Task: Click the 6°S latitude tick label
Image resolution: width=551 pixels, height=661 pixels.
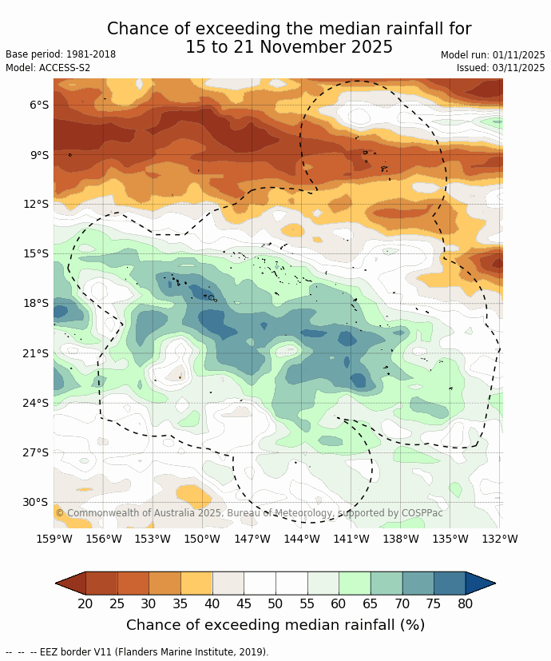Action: click(39, 105)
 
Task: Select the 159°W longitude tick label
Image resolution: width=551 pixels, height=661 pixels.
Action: click(54, 539)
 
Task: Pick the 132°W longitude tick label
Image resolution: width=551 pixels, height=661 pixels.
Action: click(500, 539)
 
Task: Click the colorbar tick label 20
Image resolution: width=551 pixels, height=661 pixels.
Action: click(85, 603)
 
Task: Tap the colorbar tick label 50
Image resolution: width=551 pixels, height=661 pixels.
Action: click(275, 603)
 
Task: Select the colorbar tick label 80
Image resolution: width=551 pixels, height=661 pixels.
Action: click(466, 603)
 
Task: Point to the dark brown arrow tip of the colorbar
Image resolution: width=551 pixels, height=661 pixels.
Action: click(69, 583)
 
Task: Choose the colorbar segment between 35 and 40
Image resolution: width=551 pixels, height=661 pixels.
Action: click(196, 583)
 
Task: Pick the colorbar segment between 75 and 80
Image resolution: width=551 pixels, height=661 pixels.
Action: click(450, 583)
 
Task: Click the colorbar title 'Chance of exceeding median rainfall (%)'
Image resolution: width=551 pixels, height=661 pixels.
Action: click(275, 625)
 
